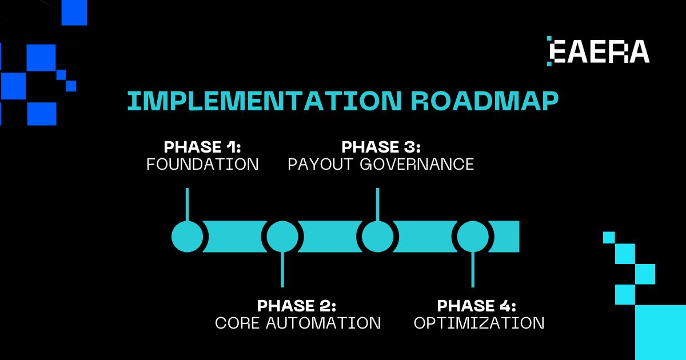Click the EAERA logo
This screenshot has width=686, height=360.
tap(599, 51)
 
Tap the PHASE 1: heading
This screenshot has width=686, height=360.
tap(202, 147)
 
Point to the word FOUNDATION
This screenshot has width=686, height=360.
tap(202, 165)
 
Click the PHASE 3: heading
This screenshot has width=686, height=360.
tap(381, 147)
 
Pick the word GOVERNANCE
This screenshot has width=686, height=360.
tap(417, 165)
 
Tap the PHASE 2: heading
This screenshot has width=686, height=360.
tap(297, 305)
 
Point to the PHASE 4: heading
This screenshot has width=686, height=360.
tap(477, 305)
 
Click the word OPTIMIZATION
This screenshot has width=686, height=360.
tap(479, 323)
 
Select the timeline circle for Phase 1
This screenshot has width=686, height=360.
tap(188, 237)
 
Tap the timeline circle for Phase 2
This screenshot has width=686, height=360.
tap(282, 237)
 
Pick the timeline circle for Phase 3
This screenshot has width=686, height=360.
tap(377, 237)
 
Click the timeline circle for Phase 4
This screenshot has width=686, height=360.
tap(473, 237)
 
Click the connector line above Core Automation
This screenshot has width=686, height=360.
tap(282, 270)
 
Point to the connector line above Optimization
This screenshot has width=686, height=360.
tap(473, 270)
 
